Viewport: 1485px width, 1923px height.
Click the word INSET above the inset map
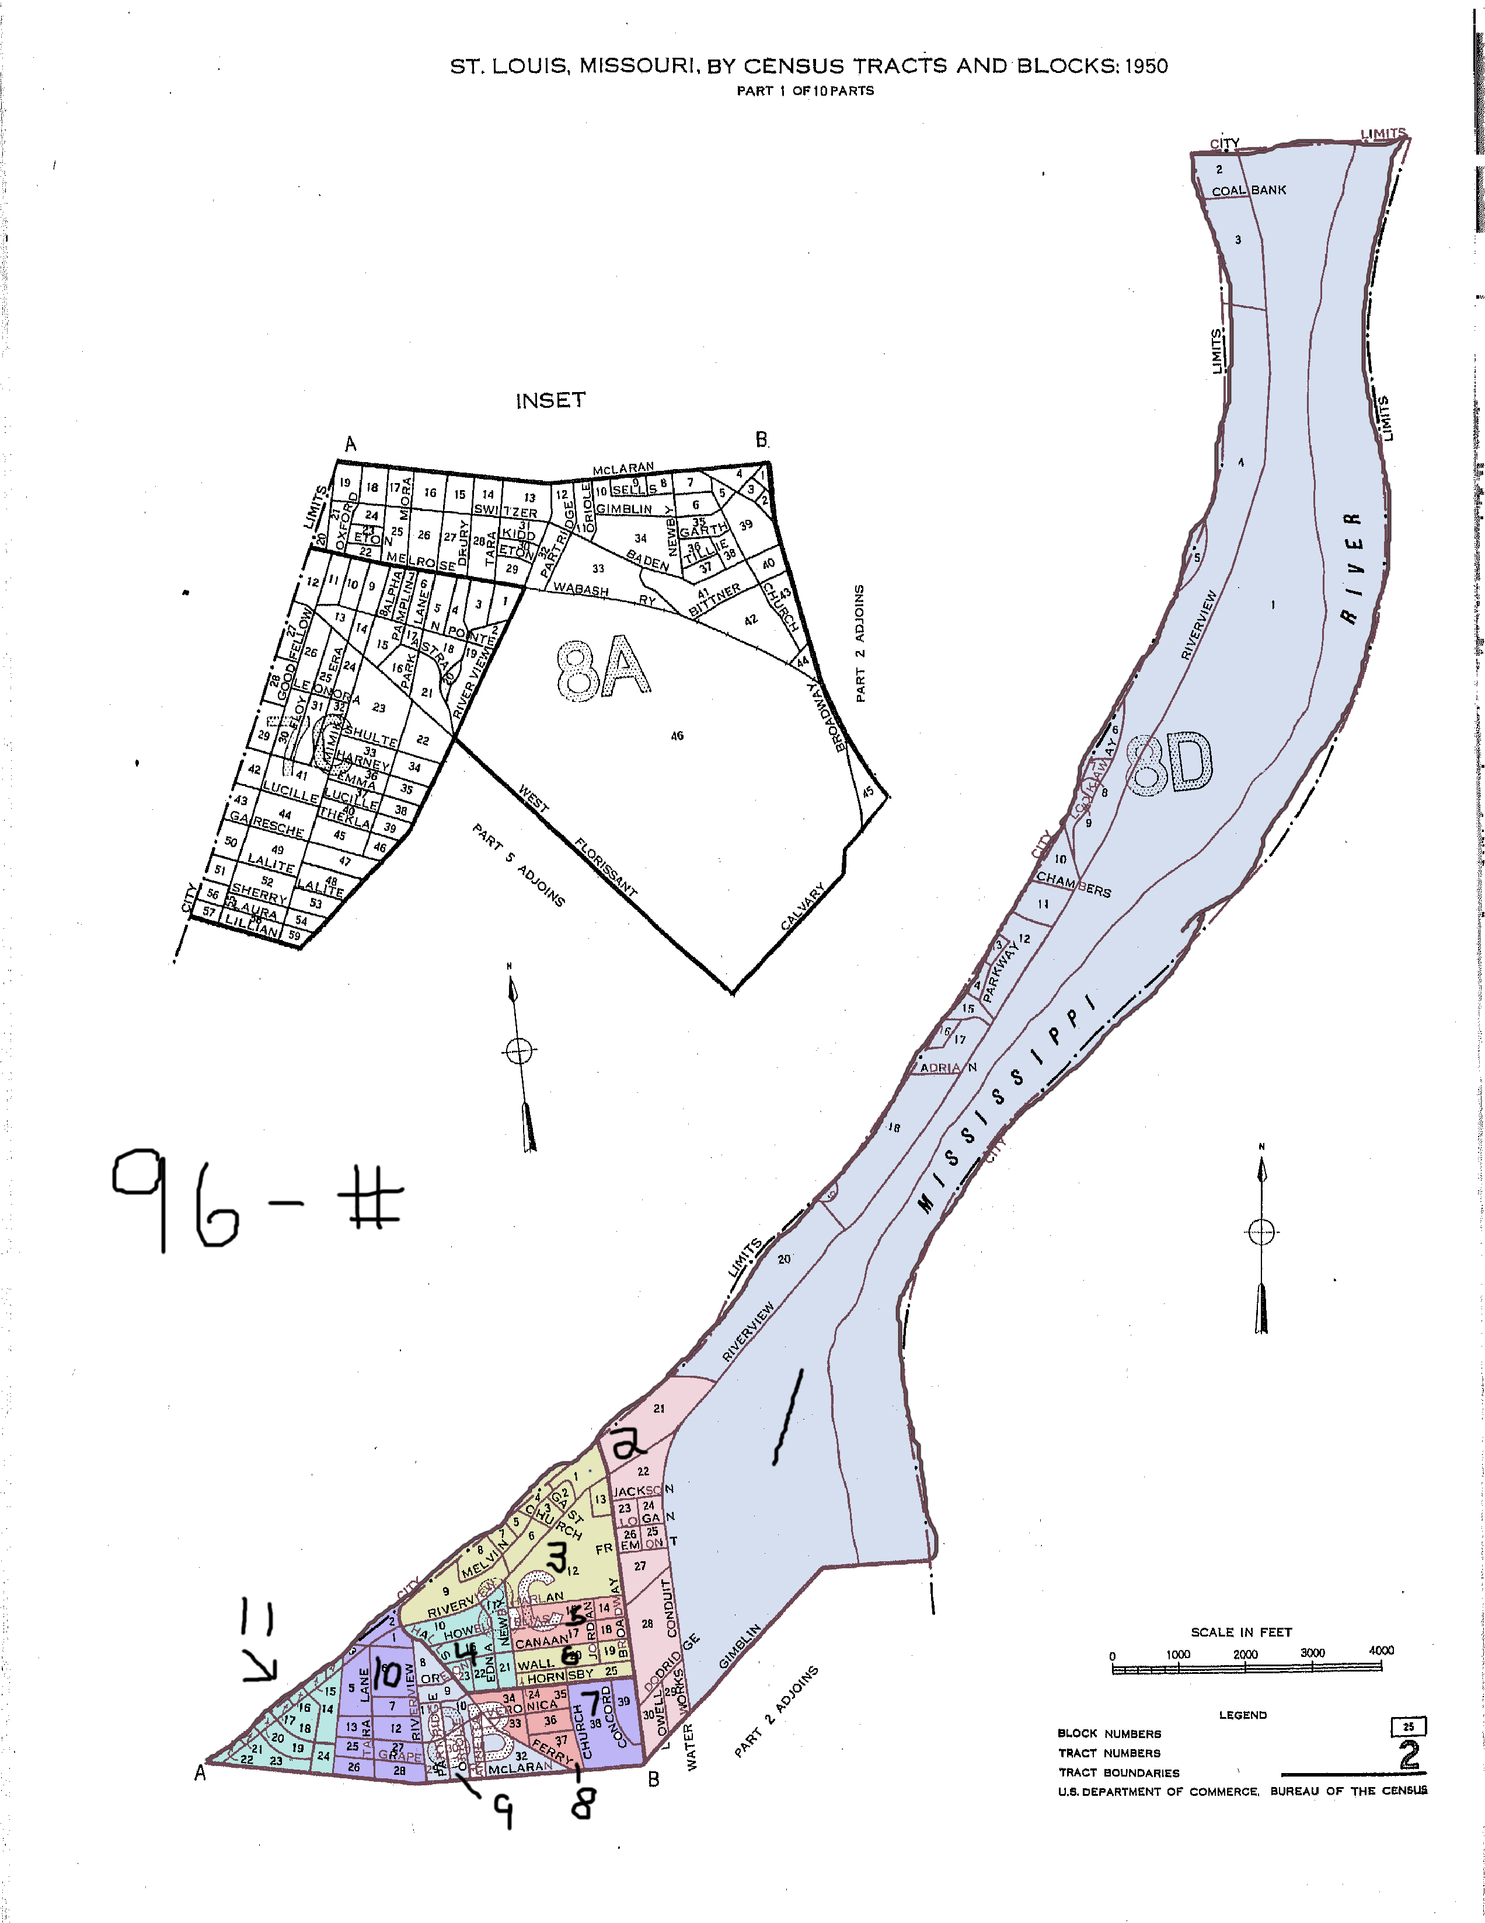click(x=550, y=401)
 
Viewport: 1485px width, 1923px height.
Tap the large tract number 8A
click(x=604, y=667)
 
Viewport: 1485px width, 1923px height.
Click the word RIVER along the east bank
click(x=1352, y=568)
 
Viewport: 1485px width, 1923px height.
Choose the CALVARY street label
click(x=803, y=906)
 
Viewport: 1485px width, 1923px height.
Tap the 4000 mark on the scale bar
click(x=1380, y=1651)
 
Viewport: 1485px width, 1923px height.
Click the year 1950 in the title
click(x=1146, y=66)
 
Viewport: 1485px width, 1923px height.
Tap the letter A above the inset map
click(x=351, y=444)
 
